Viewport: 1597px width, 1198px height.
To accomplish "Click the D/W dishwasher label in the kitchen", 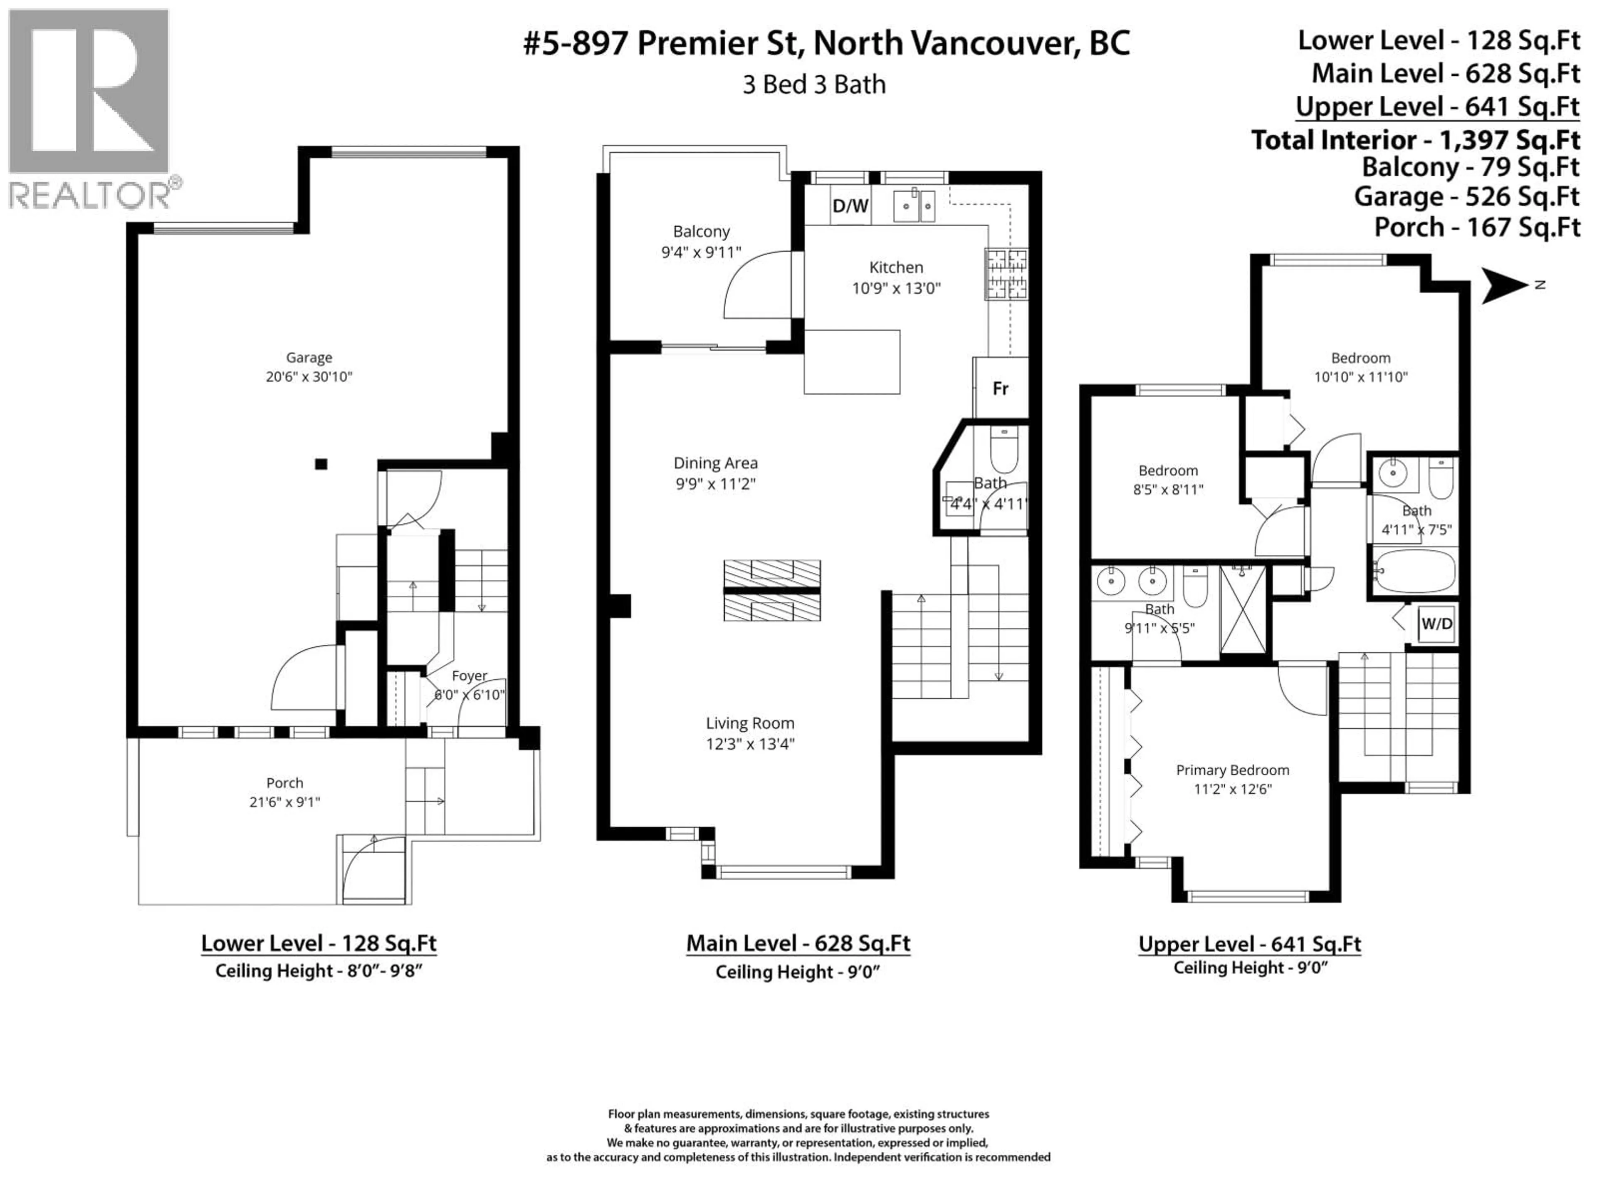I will coord(850,206).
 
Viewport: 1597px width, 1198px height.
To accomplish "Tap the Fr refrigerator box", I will coord(1000,389).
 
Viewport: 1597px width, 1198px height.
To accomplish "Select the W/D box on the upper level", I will coord(1436,623).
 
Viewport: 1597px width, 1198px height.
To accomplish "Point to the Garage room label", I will coord(309,357).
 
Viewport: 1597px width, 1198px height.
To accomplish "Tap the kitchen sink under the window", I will coord(914,206).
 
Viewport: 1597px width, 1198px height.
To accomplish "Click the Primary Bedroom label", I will coord(1232,770).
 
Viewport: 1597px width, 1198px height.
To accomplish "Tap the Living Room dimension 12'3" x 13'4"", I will coord(750,744).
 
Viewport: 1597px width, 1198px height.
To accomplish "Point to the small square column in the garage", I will coord(321,464).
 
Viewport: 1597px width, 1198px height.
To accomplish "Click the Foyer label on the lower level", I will coord(469,676).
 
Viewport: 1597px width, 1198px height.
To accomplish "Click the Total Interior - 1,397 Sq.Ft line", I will coord(1415,139).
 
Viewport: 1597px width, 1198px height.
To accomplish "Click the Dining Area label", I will coord(715,463).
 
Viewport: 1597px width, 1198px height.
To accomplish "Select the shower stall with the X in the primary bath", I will coord(1243,610).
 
